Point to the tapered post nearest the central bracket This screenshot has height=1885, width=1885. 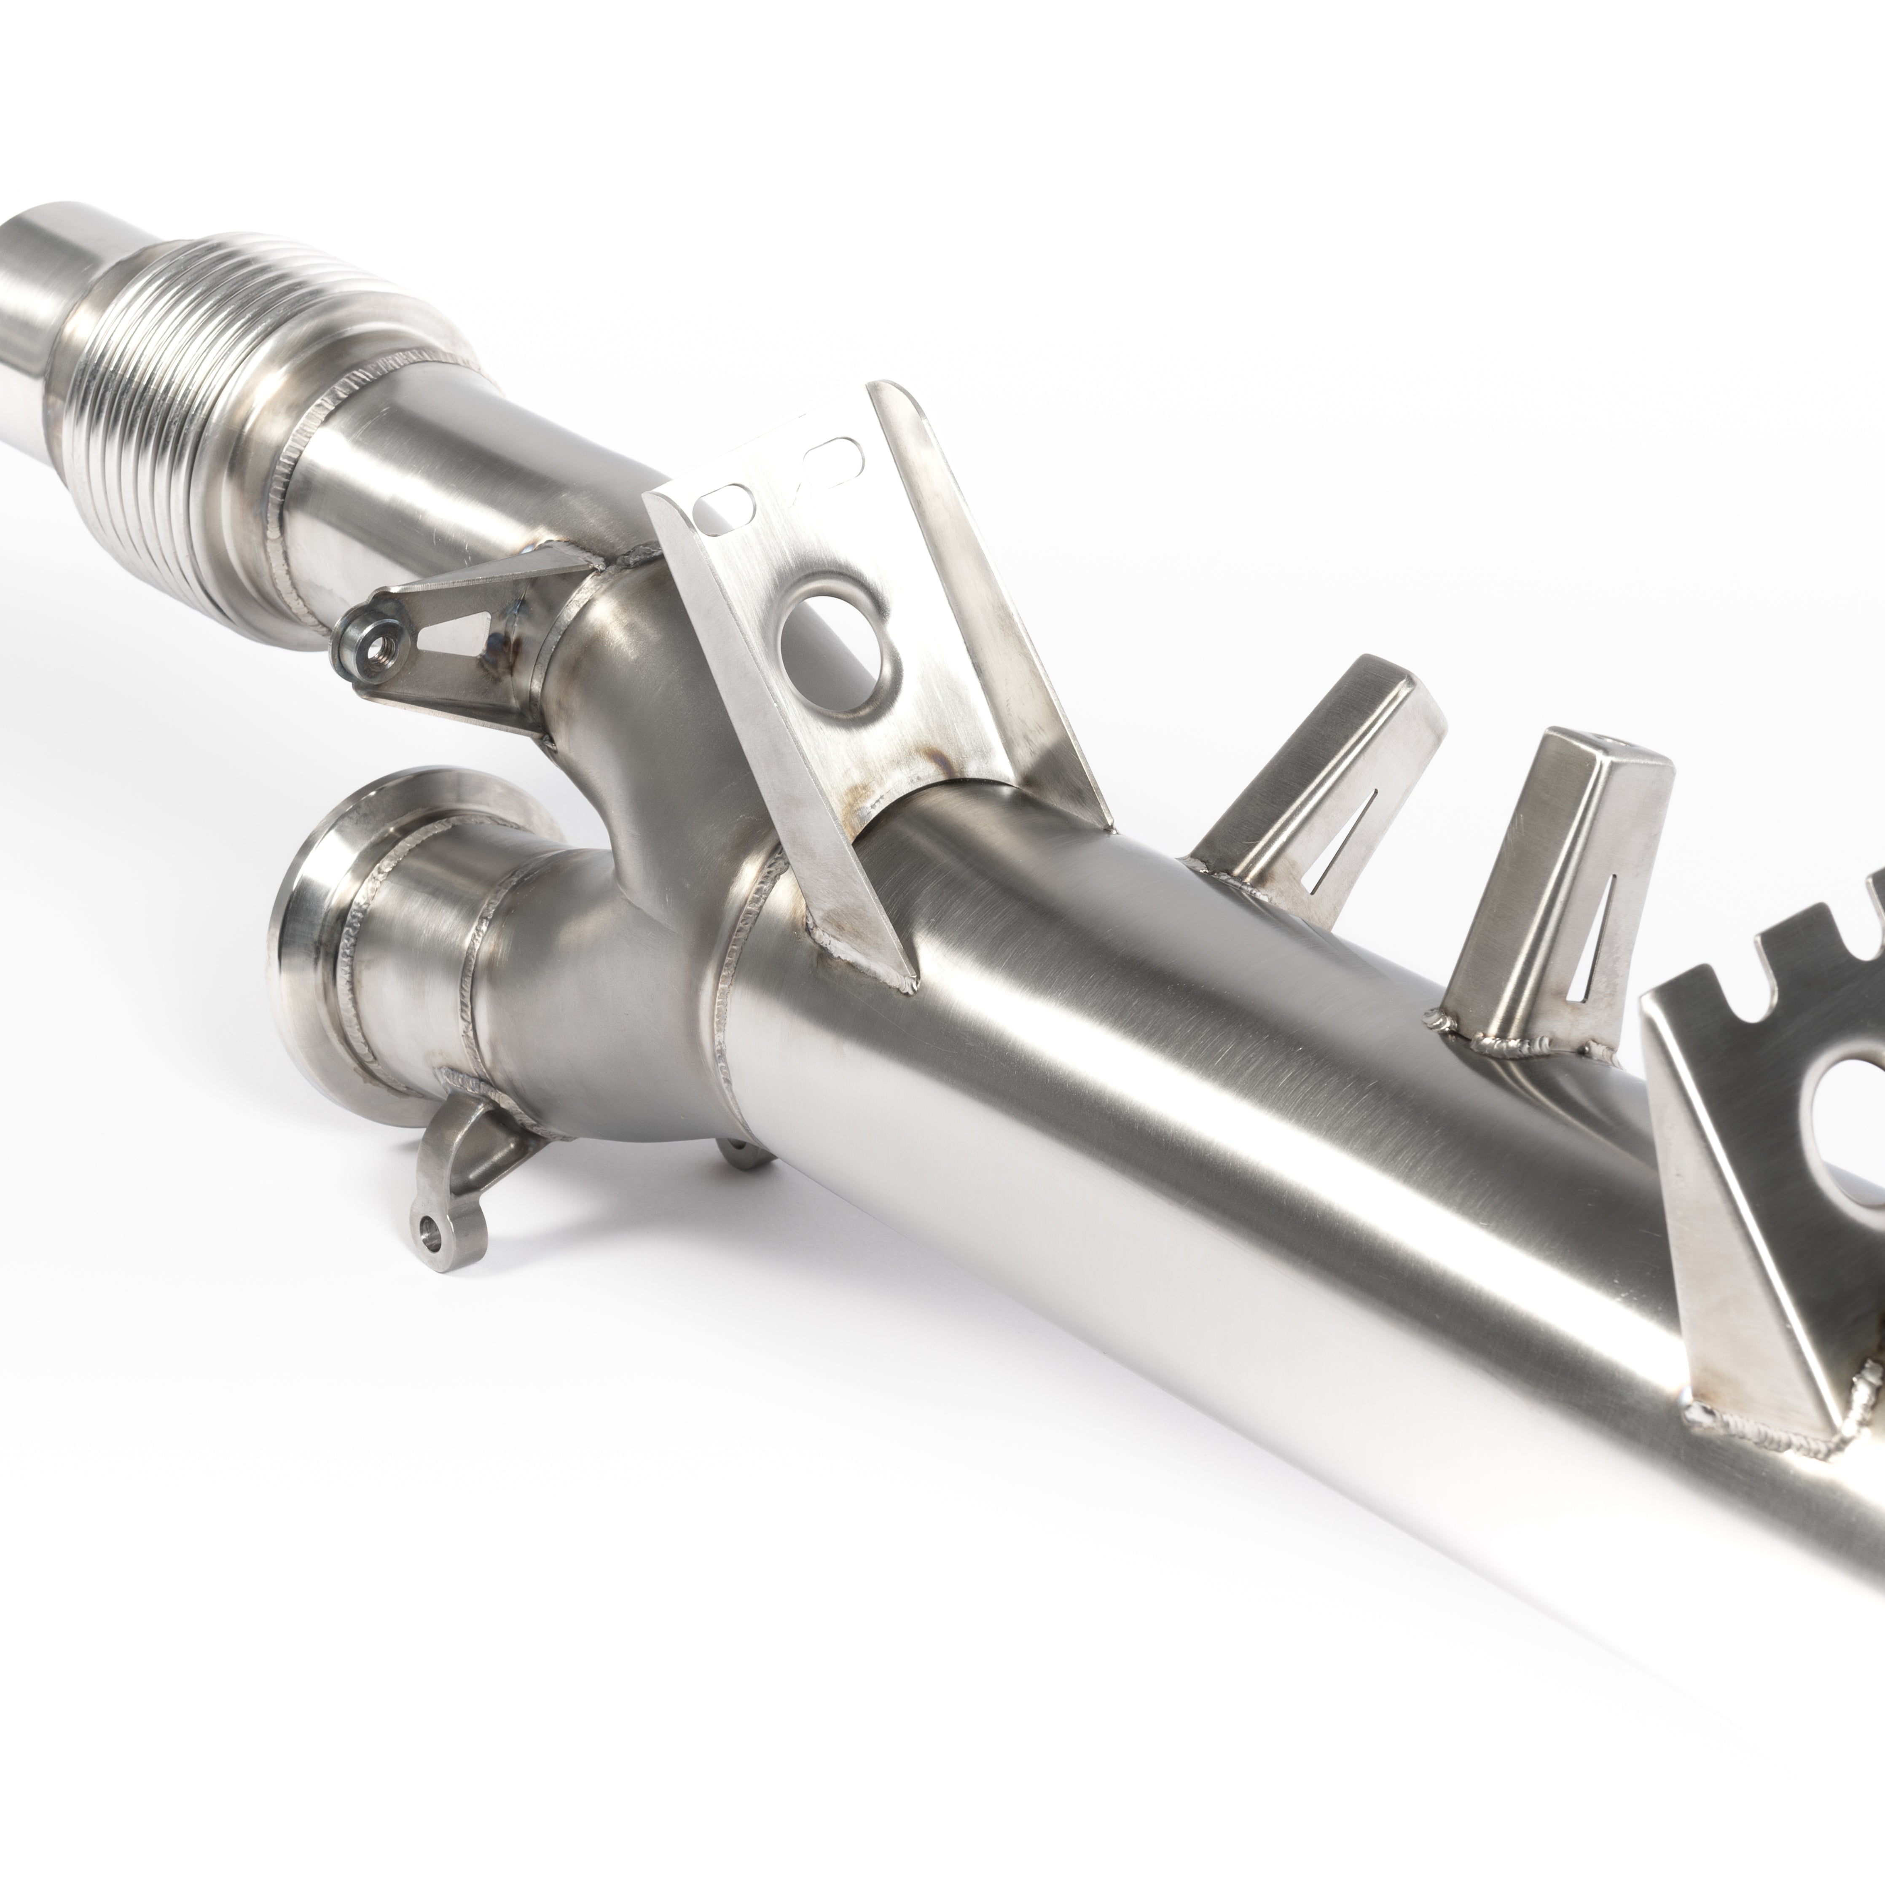coord(1317,781)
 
